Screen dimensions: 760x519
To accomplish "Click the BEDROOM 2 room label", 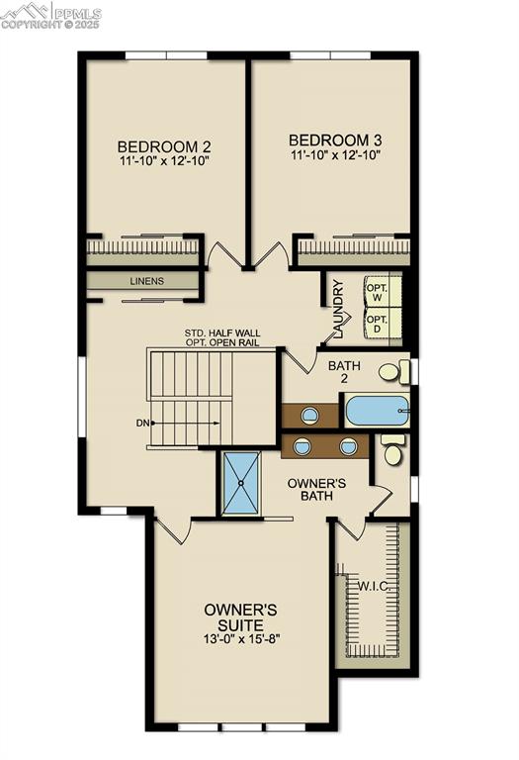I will [x=164, y=143].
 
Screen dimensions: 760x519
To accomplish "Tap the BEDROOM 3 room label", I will [x=336, y=140].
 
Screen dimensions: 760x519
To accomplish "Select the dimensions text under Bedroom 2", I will [x=164, y=159].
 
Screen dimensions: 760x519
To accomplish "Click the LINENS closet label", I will [x=146, y=281].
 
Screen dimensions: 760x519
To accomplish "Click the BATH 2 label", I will [x=345, y=371].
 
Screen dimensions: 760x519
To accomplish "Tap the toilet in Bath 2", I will [x=393, y=373].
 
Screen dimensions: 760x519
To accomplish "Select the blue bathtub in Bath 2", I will [x=376, y=410].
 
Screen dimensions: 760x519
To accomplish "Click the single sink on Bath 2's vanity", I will [x=310, y=415].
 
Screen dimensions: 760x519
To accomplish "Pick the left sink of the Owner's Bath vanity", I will [x=303, y=446].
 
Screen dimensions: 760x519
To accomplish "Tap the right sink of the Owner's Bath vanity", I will [x=348, y=446].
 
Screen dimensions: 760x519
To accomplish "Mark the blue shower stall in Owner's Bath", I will [x=241, y=483].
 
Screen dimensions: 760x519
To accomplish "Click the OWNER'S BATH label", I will [x=315, y=490].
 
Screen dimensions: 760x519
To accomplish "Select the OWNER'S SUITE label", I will [x=233, y=617].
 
